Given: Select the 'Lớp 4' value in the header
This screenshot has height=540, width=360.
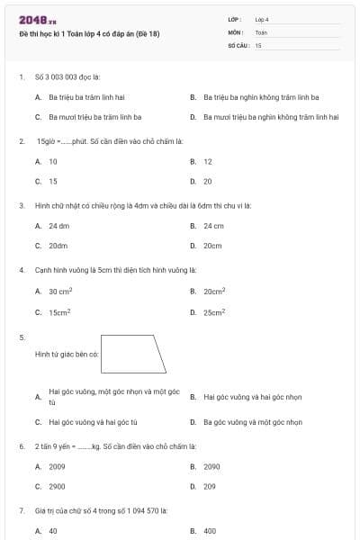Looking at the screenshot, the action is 262,19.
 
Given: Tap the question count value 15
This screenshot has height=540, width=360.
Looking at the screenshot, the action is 258,44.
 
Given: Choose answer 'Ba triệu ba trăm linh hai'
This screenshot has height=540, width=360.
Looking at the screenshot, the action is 85,97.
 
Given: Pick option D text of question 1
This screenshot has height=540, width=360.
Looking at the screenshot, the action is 271,117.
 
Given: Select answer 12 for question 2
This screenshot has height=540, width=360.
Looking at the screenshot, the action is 208,162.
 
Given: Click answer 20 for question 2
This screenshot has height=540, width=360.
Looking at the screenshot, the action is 208,181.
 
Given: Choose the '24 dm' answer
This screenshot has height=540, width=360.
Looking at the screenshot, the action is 59,226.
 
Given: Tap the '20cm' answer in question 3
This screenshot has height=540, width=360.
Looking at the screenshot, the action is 212,245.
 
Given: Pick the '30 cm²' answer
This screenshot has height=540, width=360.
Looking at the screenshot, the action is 60,292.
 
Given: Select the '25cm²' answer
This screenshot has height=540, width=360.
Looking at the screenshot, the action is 214,312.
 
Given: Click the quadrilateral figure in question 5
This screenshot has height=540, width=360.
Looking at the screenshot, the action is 133,354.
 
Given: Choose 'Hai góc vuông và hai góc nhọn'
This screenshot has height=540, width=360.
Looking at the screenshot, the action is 253,397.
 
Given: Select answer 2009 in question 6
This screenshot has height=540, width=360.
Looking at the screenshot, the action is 57,466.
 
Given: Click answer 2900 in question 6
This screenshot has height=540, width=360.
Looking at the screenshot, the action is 57,486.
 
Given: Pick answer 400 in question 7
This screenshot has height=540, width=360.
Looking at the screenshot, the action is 210,531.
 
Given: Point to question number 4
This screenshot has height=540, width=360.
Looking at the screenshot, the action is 21,270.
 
